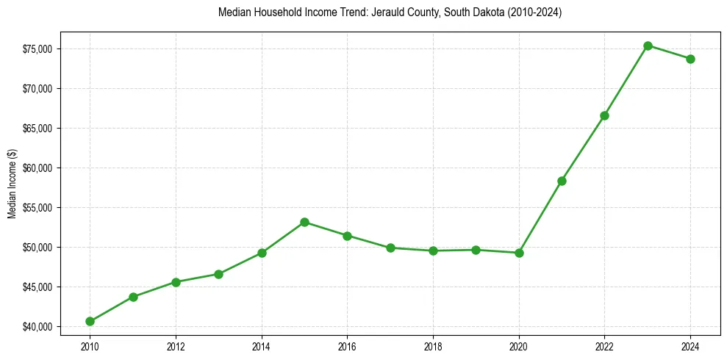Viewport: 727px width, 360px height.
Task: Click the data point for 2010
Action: click(x=90, y=321)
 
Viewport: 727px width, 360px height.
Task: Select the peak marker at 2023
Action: click(x=648, y=46)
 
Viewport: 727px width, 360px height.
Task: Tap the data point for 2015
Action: click(x=304, y=222)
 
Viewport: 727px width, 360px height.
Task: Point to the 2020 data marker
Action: click(x=519, y=253)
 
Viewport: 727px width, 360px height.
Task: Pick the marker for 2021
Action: click(x=562, y=181)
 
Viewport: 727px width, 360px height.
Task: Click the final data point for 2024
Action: click(x=690, y=59)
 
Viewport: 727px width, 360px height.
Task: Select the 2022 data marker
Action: click(x=604, y=115)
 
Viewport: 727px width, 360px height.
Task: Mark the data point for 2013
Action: click(x=218, y=274)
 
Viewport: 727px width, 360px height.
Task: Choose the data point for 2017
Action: click(x=390, y=248)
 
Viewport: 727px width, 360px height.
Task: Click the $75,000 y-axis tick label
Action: click(x=40, y=49)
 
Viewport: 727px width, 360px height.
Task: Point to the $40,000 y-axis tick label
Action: click(x=40, y=326)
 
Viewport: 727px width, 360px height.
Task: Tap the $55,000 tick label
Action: click(x=40, y=208)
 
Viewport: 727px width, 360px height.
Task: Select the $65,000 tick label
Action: click(x=40, y=129)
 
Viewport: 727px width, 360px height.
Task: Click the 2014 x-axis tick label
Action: click(x=261, y=345)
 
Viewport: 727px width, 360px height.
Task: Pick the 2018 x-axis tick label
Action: click(x=433, y=345)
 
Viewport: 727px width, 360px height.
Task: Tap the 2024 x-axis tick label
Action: click(x=690, y=345)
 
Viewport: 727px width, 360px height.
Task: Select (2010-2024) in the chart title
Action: click(x=530, y=12)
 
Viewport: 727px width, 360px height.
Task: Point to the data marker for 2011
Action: click(x=133, y=297)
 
